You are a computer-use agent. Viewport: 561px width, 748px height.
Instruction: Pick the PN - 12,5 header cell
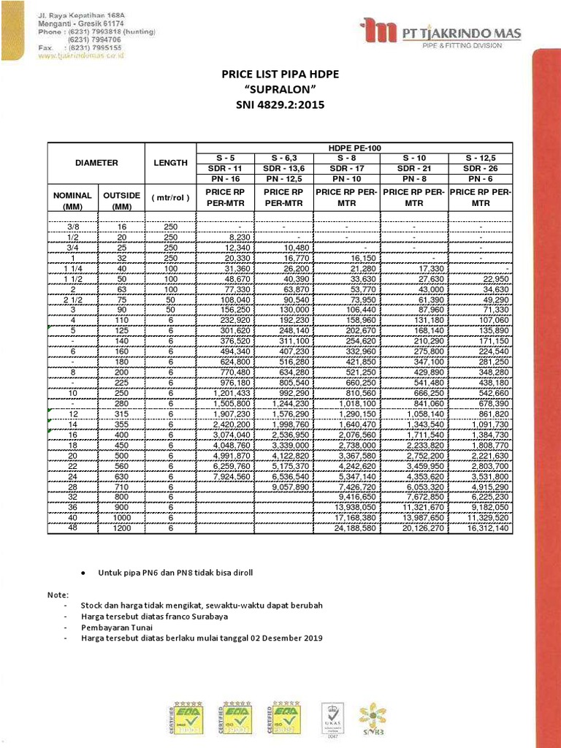pos(285,179)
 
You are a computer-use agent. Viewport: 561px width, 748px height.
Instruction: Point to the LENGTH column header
pos(170,163)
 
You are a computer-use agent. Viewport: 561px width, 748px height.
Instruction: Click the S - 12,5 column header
pos(480,159)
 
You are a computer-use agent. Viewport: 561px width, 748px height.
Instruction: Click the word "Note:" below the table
pos(58,594)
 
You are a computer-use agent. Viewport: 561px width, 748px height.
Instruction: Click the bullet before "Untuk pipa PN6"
pos(84,573)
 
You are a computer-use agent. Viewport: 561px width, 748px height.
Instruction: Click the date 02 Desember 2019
pos(286,638)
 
